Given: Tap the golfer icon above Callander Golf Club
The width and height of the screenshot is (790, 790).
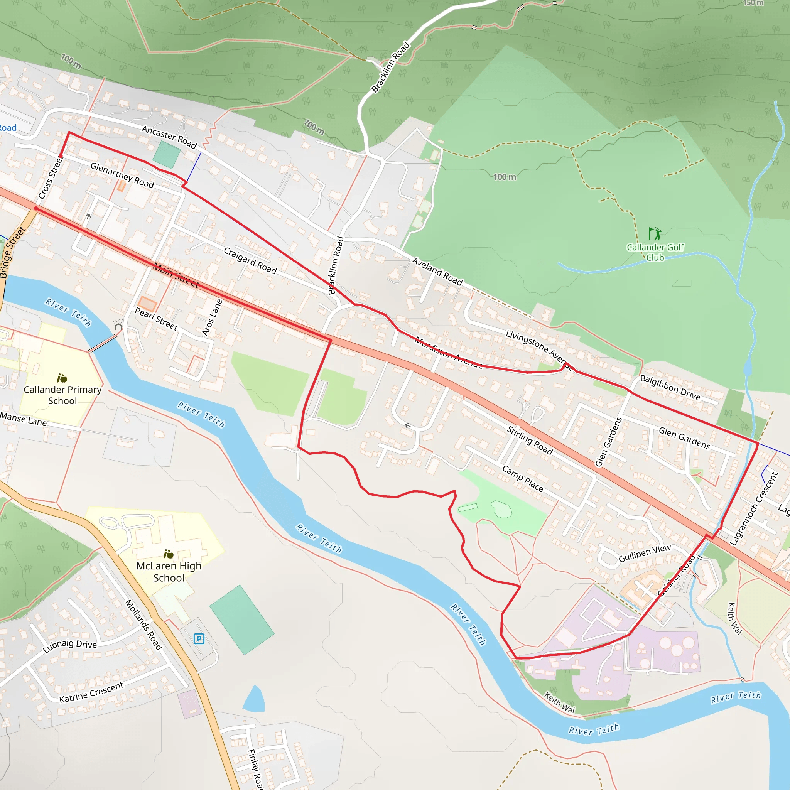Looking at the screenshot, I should coord(655,234).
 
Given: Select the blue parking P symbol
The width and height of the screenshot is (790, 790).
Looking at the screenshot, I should coord(199,639).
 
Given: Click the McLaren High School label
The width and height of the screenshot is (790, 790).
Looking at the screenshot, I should coord(169,572).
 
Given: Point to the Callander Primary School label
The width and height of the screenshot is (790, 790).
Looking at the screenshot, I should coord(62,395).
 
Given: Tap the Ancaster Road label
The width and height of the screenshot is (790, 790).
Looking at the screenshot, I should coord(169,137).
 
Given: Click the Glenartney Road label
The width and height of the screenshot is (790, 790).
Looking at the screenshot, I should coord(122,176).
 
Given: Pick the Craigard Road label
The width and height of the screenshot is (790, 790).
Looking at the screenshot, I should coord(250,260).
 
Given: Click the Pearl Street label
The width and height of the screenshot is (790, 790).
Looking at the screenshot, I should coord(156,319).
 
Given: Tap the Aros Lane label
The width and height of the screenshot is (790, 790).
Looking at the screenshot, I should coord(213,317).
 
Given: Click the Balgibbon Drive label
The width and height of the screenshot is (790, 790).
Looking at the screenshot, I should coord(670,387).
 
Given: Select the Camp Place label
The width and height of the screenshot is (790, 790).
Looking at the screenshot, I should coord(523,478).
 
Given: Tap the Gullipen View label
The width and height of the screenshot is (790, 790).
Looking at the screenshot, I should coord(645,553).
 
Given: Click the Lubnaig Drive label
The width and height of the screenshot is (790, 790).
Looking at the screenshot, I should coord(70,646).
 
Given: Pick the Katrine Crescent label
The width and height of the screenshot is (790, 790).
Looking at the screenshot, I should coord(91,693).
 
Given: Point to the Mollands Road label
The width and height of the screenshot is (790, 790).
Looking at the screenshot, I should coord(143,625).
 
